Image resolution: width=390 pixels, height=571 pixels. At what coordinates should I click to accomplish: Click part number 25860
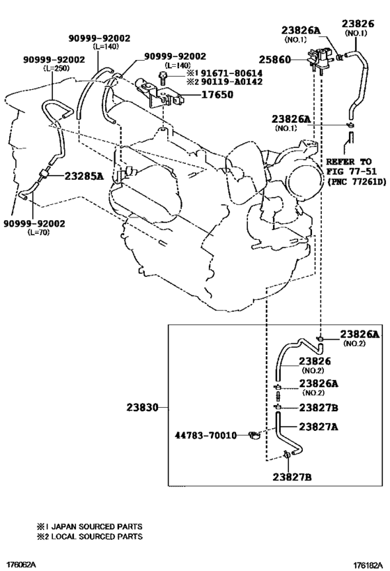coord(274,59)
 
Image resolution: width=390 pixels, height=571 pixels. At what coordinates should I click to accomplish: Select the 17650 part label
coord(217,95)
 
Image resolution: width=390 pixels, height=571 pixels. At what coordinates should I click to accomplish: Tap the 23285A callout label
coord(84,176)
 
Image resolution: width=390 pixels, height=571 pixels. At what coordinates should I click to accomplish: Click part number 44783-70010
coord(206,435)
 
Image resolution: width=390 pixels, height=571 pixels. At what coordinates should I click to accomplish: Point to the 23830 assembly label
coord(143,407)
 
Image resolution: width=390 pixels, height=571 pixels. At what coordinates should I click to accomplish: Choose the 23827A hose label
coord(318,427)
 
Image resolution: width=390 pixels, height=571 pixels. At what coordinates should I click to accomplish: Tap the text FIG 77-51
coord(351,171)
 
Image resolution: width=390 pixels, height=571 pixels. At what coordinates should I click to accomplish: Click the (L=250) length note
coord(56,68)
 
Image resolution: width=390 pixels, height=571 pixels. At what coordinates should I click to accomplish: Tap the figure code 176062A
coord(18,565)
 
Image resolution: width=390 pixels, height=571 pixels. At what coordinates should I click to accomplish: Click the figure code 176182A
coord(368,565)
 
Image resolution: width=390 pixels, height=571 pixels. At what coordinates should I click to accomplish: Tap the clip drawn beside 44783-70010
coord(254,435)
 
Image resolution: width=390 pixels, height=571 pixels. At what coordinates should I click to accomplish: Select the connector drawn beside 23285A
coord(44,176)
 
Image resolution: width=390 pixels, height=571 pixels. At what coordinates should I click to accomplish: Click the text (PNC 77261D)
coord(356,181)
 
